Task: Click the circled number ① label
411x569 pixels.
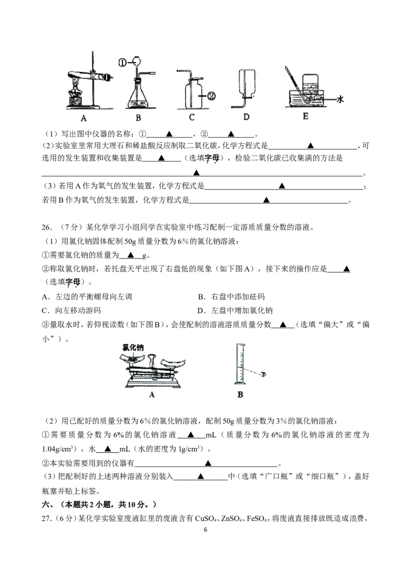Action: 122,63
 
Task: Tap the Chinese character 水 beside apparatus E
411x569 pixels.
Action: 340,100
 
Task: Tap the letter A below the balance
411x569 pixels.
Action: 152,395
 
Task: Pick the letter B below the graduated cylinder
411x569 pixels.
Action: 240,395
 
